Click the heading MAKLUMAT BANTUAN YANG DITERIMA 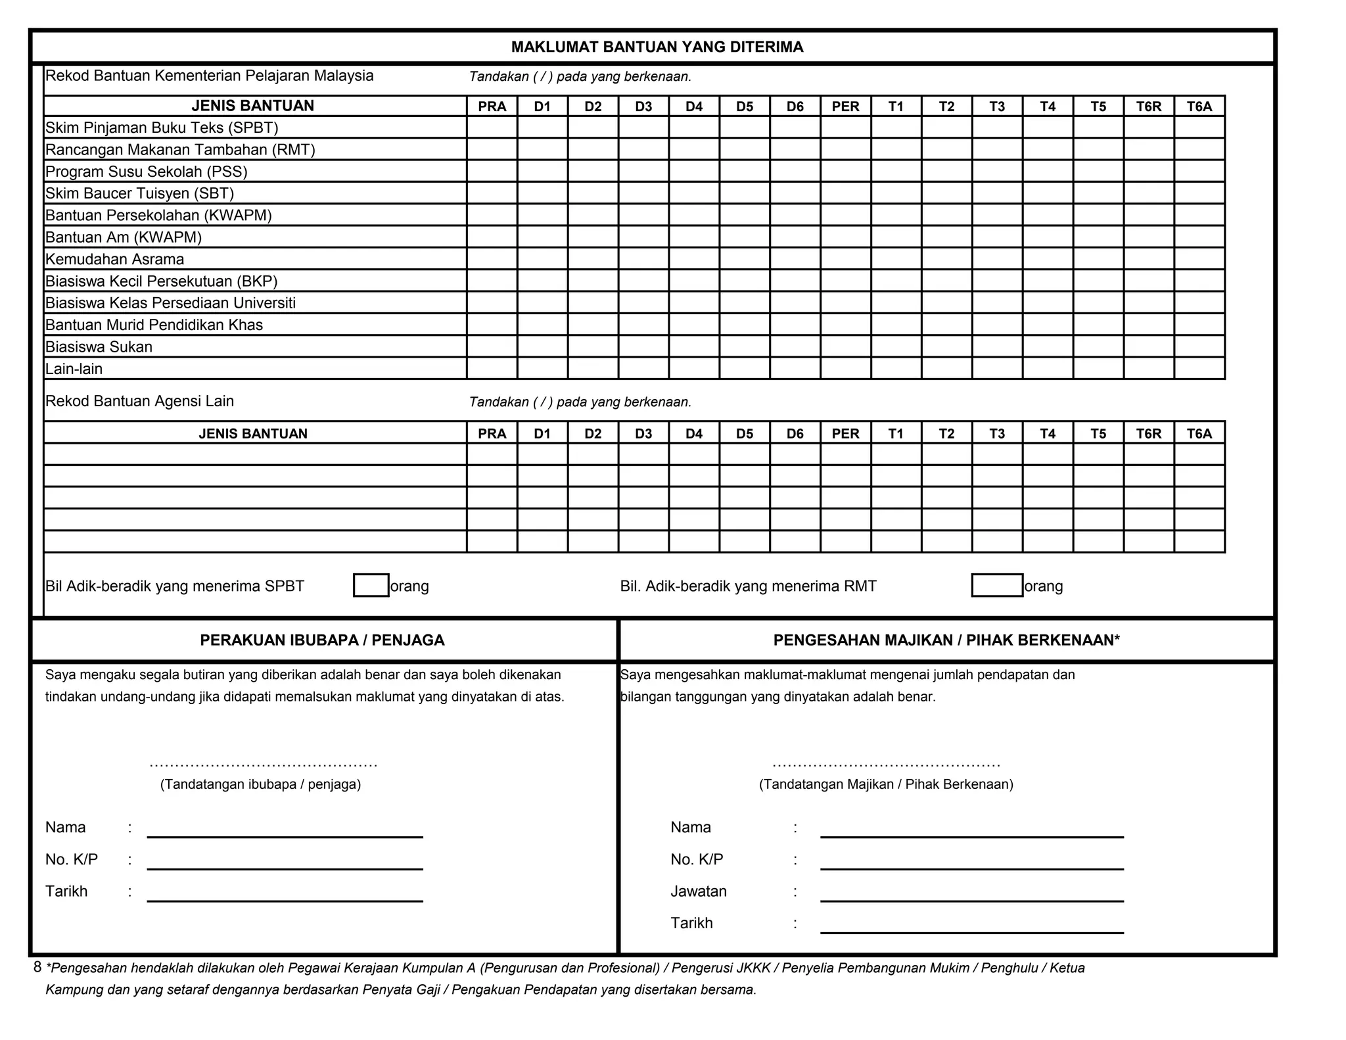657,47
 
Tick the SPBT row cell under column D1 542,127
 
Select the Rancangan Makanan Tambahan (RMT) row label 180,149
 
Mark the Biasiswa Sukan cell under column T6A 1199,346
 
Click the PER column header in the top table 845,106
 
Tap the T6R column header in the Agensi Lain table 1148,433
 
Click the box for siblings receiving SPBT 371,585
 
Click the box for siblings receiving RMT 996,585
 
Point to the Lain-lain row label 74,369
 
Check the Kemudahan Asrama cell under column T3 997,259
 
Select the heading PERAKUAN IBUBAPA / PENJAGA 322,640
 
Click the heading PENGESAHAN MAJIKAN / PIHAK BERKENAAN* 946,640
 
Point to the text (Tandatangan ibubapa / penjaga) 260,784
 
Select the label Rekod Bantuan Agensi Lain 139,401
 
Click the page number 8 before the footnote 37,967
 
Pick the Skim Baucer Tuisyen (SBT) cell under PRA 492,193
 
